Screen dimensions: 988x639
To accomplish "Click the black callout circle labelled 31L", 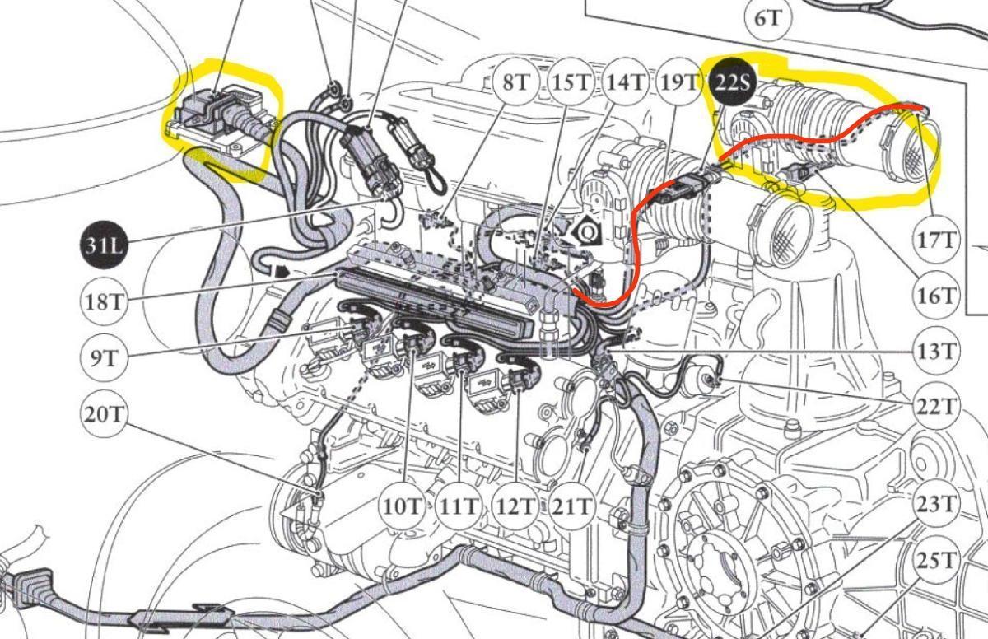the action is point(103,245).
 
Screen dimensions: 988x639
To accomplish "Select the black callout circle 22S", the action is point(733,82).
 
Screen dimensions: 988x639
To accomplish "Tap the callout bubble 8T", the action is point(515,82).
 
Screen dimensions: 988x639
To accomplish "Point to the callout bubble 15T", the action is point(571,82).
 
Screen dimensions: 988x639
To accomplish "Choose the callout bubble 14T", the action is point(626,82).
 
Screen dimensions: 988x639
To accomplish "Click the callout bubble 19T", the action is point(679,82).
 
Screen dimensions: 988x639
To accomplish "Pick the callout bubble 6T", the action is point(768,18).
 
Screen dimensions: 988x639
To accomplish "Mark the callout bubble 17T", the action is point(935,241).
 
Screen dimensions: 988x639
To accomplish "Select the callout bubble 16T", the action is point(935,296).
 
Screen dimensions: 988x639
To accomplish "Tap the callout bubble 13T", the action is point(935,352).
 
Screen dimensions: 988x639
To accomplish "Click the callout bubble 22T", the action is point(935,407).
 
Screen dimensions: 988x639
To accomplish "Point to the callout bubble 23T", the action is point(935,504).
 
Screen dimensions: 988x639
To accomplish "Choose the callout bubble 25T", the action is point(935,561).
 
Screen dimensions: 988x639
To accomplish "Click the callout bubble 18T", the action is point(104,302).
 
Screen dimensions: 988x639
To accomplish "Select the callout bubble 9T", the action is point(104,357).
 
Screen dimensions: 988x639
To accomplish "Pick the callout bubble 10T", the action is point(403,506).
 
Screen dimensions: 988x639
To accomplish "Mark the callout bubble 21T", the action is point(571,506).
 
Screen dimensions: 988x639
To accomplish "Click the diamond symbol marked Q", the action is point(586,231).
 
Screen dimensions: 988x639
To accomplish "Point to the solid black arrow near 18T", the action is point(281,271).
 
